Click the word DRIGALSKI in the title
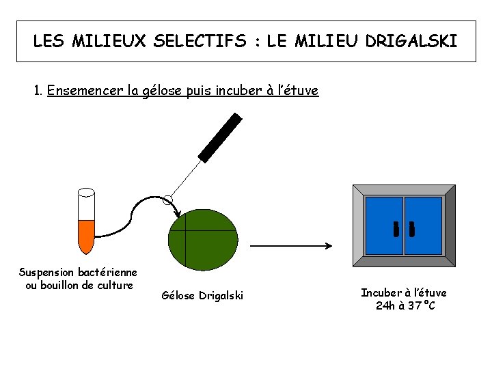(411, 41)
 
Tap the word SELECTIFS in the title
(200, 41)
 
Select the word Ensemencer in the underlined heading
(85, 90)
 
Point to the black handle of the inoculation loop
(220, 138)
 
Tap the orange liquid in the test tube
(86, 236)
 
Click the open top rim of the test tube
(86, 192)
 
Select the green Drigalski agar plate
(203, 240)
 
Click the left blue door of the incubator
(384, 225)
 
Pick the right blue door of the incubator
(423, 225)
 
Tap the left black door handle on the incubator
(396, 229)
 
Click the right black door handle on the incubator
(411, 229)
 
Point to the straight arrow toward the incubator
(291, 246)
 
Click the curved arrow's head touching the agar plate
(178, 215)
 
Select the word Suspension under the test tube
(46, 273)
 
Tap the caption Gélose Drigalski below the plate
(202, 296)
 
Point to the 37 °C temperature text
(422, 305)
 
